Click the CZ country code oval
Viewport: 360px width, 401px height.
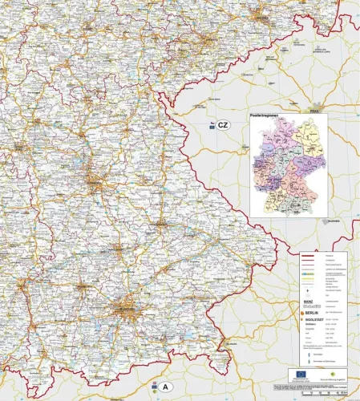click(x=223, y=125)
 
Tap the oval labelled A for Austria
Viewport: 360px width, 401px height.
click(x=165, y=387)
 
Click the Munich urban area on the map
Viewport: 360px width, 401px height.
click(x=124, y=306)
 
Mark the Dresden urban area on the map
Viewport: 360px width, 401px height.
click(x=260, y=16)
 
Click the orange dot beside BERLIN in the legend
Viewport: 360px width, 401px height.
click(x=303, y=311)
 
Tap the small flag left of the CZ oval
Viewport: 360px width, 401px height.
click(x=211, y=125)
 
